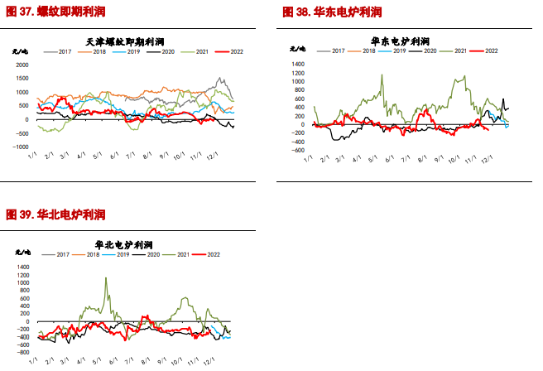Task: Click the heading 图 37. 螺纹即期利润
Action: pos(55,12)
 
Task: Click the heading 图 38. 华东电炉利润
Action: pos(332,12)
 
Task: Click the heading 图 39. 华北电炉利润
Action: pos(55,214)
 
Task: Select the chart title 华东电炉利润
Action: pos(401,40)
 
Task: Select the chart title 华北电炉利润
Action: pos(124,244)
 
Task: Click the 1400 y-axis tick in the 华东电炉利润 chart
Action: pos(299,63)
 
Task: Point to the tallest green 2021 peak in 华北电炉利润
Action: pos(106,278)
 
